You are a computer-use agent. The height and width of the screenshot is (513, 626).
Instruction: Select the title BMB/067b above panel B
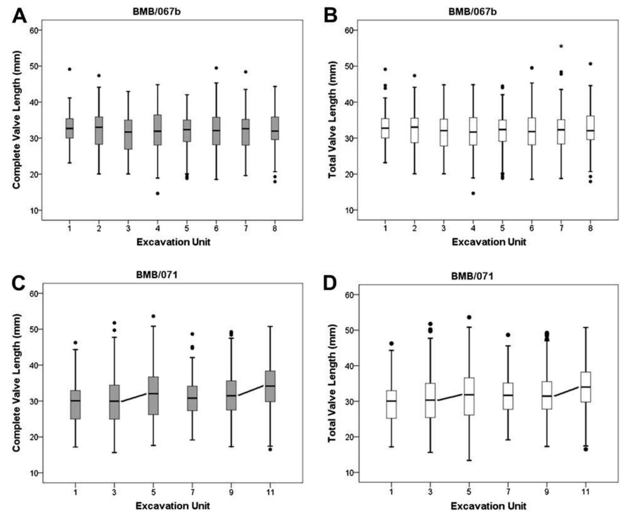pyautogui.click(x=472, y=12)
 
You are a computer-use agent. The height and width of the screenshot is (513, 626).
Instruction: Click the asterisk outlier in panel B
pyautogui.click(x=561, y=47)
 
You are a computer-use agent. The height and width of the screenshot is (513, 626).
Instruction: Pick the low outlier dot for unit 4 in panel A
pyautogui.click(x=157, y=194)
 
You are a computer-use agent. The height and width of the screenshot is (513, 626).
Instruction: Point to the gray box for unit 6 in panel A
pyautogui.click(x=216, y=131)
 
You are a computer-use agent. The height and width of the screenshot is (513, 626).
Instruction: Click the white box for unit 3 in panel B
pyautogui.click(x=444, y=133)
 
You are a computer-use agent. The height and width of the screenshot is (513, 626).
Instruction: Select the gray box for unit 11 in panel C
pyautogui.click(x=270, y=386)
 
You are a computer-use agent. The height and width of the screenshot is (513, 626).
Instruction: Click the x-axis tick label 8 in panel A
pyautogui.click(x=275, y=228)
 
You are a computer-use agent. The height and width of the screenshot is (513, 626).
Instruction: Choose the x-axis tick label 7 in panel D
pyautogui.click(x=508, y=492)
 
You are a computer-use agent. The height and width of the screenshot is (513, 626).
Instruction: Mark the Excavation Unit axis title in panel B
pyautogui.click(x=489, y=242)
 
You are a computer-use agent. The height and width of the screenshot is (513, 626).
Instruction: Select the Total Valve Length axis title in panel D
pyautogui.click(x=332, y=383)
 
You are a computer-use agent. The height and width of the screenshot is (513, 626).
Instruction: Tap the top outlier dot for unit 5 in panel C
pyautogui.click(x=153, y=316)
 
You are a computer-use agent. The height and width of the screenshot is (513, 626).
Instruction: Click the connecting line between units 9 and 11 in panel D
pyautogui.click(x=566, y=392)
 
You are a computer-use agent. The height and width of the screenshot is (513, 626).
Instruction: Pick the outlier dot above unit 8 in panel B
pyautogui.click(x=590, y=64)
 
